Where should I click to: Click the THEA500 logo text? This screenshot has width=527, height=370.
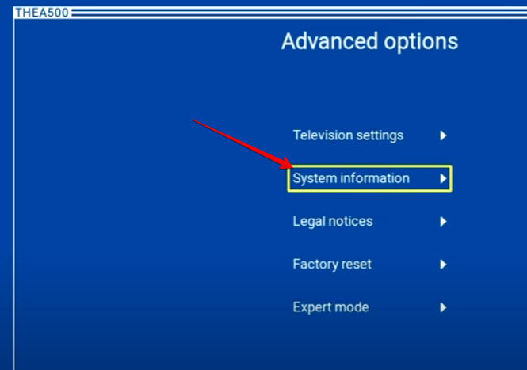coord(42,13)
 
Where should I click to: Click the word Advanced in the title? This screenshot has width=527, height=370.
coord(330,41)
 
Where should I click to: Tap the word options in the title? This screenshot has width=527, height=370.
coord(421,43)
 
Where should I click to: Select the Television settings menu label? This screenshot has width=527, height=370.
coord(348,135)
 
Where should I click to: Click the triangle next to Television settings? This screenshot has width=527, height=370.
coord(443,135)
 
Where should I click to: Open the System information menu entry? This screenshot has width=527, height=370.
coord(351,178)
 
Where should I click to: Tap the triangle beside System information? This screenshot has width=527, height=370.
coord(443,178)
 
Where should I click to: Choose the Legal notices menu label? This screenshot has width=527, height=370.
coord(333,222)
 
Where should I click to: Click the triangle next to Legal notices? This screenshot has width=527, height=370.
coord(443,222)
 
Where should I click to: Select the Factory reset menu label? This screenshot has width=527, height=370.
coord(332,264)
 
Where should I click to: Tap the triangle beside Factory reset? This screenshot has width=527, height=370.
coord(443,265)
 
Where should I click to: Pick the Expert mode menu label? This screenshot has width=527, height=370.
coord(331,307)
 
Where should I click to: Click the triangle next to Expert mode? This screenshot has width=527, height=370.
coord(443,307)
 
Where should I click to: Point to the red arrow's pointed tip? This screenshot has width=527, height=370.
coord(292,167)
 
